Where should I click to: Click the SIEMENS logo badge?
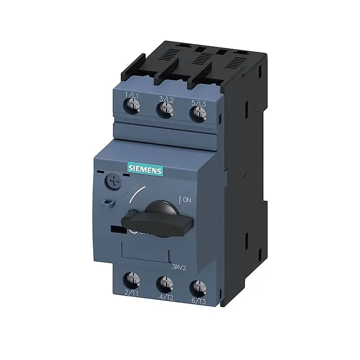coord(145,170)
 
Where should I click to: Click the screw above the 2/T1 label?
coord(132,279)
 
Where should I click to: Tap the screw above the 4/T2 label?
coord(165,282)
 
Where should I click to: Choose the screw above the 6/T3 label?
coord(196,287)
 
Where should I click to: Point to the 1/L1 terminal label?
coord(132,95)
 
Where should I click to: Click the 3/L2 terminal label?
coord(166,99)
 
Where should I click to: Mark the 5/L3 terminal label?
coord(198,102)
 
